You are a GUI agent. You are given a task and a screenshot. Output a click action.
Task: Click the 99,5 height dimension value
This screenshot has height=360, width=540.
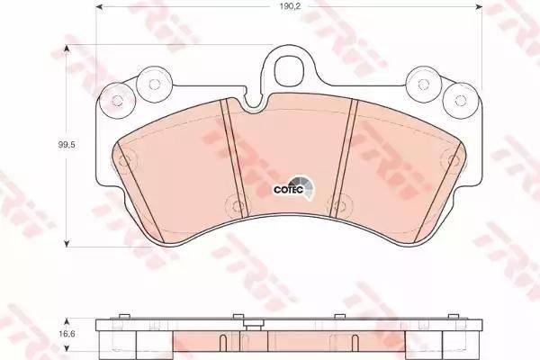click(x=67, y=145)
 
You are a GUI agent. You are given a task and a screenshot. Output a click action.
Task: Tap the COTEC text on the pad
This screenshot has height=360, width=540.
click(x=283, y=190)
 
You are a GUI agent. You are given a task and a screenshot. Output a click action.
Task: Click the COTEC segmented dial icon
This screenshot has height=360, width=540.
click(x=303, y=187)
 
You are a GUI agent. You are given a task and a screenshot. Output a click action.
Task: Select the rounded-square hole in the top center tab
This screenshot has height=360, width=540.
click(x=290, y=68)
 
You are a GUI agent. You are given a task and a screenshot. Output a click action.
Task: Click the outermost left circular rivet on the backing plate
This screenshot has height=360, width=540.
click(x=117, y=100)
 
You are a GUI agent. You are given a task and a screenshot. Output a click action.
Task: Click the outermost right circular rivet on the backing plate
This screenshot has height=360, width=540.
click(x=460, y=100)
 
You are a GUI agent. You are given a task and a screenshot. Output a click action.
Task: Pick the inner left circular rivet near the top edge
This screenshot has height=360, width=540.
click(x=154, y=84)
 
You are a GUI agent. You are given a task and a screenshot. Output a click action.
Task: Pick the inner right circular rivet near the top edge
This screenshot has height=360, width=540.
click(x=423, y=84)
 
